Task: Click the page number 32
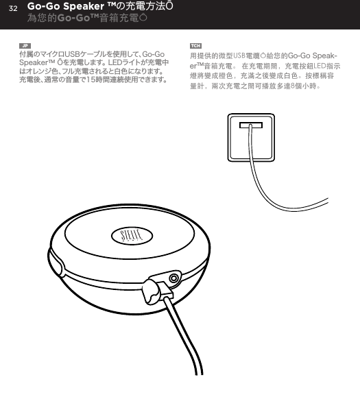tap(12, 8)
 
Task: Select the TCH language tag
tap(195, 45)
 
